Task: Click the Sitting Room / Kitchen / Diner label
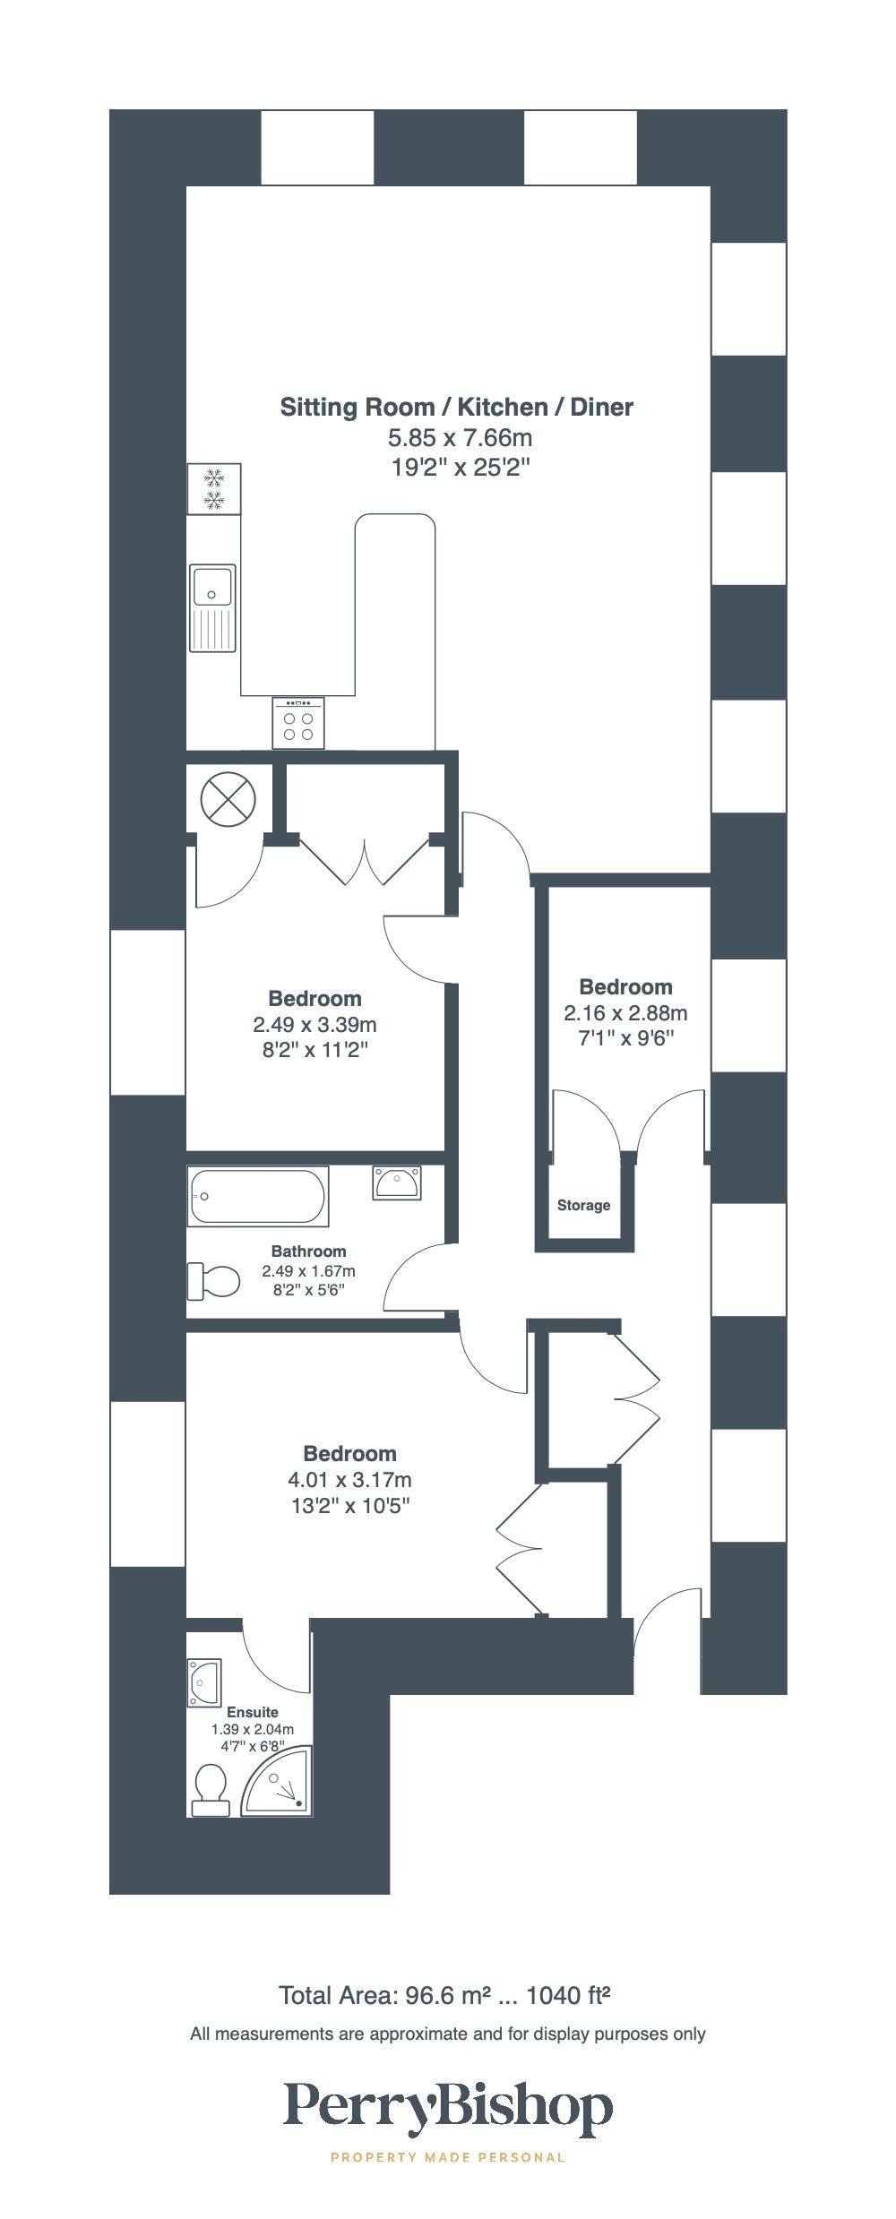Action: tap(456, 408)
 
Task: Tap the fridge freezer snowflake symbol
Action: tap(213, 489)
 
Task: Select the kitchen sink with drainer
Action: tap(213, 608)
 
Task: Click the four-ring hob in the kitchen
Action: tap(298, 723)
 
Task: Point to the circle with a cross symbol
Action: tap(228, 798)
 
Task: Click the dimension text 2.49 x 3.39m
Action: tap(314, 1024)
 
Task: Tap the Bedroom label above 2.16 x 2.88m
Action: tap(625, 987)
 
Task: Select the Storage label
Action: tap(583, 1205)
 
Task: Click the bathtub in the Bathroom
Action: tap(258, 1196)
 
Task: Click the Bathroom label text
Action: tap(308, 1251)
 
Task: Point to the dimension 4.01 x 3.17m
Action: tap(349, 1480)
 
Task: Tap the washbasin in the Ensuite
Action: tap(204, 1683)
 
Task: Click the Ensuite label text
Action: tap(252, 1712)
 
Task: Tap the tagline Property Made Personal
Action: tap(448, 2157)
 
